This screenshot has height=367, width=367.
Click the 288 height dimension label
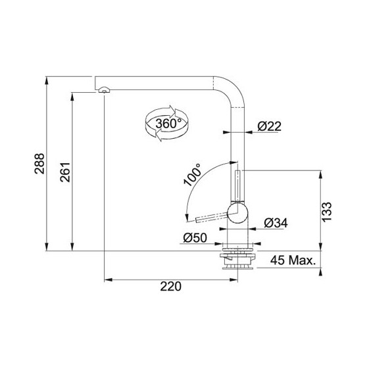(39, 164)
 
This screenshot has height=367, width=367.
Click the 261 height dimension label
(65, 172)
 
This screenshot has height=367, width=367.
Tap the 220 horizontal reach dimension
(170, 286)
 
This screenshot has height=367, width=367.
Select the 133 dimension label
(326, 212)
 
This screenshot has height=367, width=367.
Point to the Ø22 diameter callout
(269, 126)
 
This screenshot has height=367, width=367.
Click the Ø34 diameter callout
(276, 223)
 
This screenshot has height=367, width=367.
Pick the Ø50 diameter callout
(195, 238)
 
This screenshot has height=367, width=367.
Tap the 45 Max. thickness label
(293, 260)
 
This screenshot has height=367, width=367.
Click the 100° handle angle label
(193, 174)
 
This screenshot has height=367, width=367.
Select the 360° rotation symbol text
(168, 124)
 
